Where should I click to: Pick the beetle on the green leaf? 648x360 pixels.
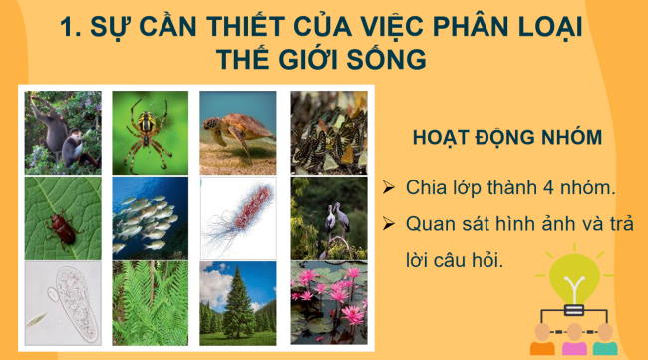pos(63,218)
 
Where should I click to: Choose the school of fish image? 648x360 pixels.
pos(150,218)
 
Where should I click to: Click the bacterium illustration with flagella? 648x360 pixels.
pos(238,218)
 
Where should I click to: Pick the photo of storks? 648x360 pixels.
pos(327,218)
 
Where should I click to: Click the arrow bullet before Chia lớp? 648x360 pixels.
pos(390,188)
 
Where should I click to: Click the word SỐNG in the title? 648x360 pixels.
pos(384,58)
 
